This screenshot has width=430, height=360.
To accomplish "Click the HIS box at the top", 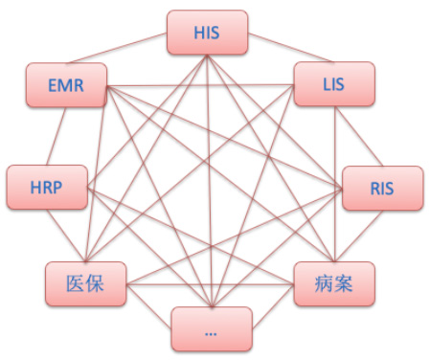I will tap(207, 32).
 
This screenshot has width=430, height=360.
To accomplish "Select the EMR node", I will tap(66, 87).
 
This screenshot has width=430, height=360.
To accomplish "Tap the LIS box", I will tap(333, 83).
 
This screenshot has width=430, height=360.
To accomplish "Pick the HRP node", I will tap(47, 187).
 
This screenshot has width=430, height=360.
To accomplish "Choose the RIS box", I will tap(381, 188).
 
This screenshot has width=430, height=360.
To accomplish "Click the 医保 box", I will tap(85, 283).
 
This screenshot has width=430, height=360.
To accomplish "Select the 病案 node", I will tap(332, 283).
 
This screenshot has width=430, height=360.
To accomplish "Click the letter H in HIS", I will tap(197, 32).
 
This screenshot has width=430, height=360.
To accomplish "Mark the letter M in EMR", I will tap(66, 87).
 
